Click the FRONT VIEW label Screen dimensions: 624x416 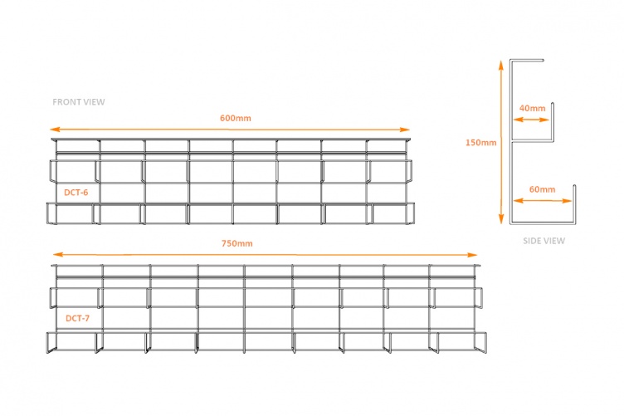(x=78, y=102)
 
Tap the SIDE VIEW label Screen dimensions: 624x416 (x=544, y=241)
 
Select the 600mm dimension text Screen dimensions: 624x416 (x=236, y=118)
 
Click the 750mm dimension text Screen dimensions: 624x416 (x=236, y=243)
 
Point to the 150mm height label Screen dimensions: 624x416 (x=480, y=143)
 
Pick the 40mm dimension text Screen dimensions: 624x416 (x=532, y=108)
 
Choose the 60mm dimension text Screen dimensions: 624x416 (x=542, y=189)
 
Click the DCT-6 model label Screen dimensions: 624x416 (x=76, y=193)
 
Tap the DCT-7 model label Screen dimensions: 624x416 (x=77, y=319)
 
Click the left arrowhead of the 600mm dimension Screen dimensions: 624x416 (x=54, y=130)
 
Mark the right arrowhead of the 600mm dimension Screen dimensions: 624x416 (x=405, y=130)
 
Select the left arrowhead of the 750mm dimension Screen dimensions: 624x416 (x=58, y=254)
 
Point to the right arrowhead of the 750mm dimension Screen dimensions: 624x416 (x=472, y=255)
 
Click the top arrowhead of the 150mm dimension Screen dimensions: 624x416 (x=501, y=64)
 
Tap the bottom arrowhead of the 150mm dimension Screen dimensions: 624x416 (x=501, y=219)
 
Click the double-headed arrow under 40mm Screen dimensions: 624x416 (x=531, y=120)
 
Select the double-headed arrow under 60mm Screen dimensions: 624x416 (x=543, y=201)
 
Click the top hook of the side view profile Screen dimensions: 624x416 (x=526, y=61)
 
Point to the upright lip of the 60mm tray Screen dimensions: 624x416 (x=574, y=203)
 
